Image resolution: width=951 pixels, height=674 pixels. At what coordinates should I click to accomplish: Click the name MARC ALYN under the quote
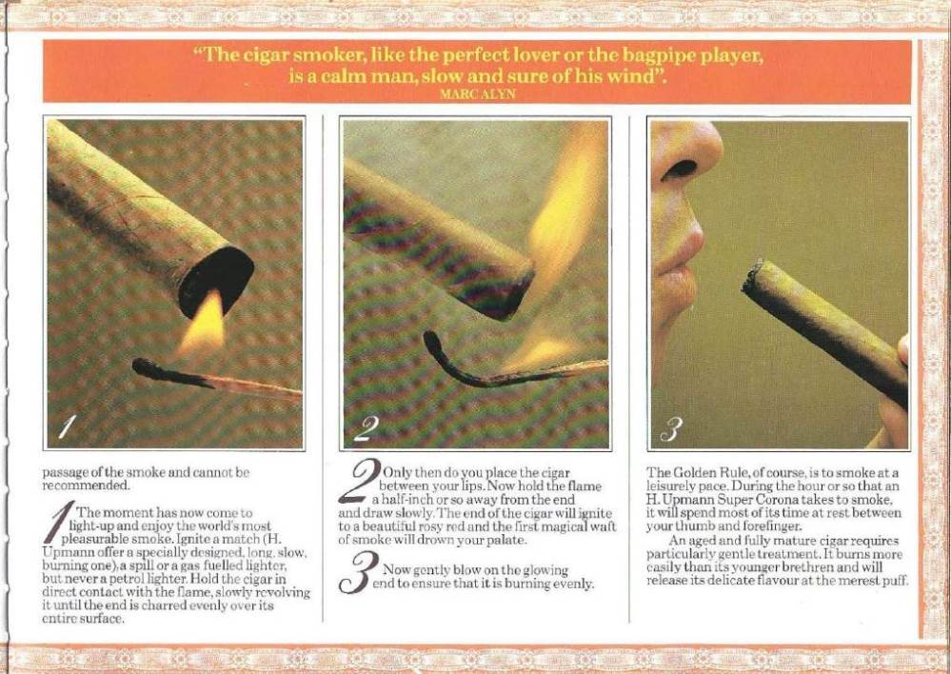[x=477, y=94]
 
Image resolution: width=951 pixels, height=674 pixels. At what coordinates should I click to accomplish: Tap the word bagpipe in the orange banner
[x=658, y=56]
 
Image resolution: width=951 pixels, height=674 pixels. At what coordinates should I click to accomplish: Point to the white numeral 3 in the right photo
[x=671, y=429]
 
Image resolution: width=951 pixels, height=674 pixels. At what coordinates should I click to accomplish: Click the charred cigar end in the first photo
[x=216, y=280]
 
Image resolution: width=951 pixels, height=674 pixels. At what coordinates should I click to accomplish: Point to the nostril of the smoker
[x=680, y=169]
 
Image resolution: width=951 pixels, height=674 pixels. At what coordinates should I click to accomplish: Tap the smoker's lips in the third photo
[x=681, y=267]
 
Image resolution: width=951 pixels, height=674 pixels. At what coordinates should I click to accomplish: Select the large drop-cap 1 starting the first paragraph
[x=59, y=522]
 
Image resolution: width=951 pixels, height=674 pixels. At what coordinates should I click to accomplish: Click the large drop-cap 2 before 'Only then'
[x=359, y=481]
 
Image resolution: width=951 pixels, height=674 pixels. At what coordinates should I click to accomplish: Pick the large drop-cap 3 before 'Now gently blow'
[x=359, y=573]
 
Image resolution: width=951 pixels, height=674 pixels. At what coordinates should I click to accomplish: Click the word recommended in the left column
[x=86, y=486]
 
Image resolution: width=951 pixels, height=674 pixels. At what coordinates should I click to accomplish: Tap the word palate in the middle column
[x=501, y=540]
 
